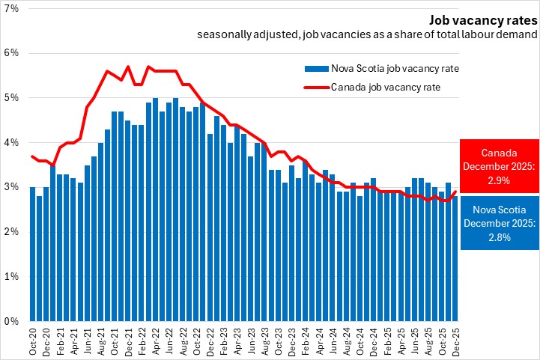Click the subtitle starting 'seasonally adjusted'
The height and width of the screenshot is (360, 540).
(x=367, y=34)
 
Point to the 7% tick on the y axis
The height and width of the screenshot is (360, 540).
(x=12, y=8)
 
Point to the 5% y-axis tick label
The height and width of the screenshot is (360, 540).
(x=12, y=98)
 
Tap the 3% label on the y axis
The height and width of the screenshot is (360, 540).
(x=12, y=187)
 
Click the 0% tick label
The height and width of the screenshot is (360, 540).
(x=12, y=321)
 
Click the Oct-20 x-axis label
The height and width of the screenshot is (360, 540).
(x=32, y=341)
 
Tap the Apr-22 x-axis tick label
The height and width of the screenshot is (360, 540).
(x=155, y=341)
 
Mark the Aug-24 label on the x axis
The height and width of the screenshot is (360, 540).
(x=346, y=341)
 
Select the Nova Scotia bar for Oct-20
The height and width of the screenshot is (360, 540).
(x=32, y=254)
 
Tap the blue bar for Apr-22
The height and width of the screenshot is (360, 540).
(x=155, y=210)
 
